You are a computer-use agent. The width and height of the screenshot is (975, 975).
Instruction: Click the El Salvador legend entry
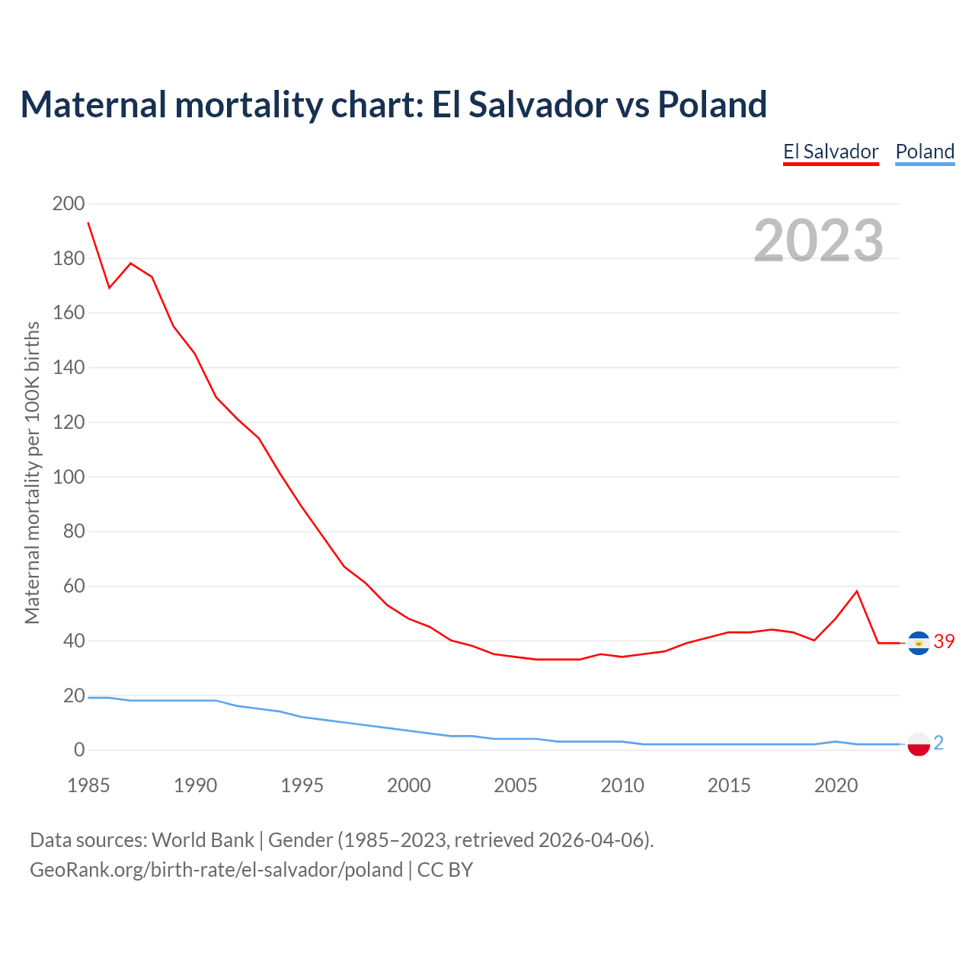831,152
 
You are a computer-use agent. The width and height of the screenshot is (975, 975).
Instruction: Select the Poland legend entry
925,152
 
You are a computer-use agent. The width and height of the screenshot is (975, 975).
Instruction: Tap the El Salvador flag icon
919,643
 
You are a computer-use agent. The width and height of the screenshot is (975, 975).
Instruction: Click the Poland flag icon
919,743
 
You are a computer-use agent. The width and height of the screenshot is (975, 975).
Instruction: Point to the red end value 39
944,642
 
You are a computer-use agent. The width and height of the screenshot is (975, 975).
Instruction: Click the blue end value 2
938,743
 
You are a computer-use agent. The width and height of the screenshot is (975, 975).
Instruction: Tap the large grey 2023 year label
818,241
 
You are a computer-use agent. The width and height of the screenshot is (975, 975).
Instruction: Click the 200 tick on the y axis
69,203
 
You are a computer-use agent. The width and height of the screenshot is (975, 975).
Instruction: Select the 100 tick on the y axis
69,477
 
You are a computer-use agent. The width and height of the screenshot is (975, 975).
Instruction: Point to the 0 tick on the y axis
79,750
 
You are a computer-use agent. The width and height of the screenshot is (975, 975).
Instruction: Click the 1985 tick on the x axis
88,785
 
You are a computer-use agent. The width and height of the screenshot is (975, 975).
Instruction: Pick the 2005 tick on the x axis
516,785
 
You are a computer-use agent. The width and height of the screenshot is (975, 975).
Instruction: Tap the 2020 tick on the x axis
836,785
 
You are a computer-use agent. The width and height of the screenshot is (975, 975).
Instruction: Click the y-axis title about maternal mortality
32,472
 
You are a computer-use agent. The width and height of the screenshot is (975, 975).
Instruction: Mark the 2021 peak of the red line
857,591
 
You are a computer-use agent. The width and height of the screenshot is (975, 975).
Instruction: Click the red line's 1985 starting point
88,222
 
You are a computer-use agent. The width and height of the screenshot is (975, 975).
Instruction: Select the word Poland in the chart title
712,104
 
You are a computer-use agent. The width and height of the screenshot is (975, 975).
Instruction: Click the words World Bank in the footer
203,840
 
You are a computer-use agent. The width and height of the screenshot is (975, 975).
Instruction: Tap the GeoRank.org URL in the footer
216,870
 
